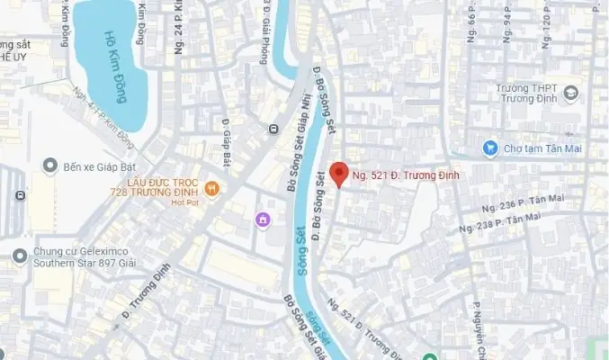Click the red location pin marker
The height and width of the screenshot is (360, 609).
point(338,174)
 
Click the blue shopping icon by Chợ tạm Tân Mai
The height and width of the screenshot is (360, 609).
point(490,148)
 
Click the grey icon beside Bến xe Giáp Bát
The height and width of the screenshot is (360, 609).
point(49,166)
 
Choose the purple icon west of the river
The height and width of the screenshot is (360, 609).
point(262,219)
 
